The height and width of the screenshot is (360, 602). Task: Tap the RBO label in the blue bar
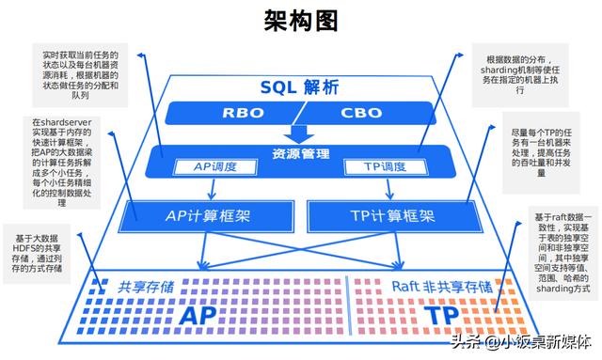[244, 114]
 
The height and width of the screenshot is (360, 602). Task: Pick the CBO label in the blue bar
[361, 114]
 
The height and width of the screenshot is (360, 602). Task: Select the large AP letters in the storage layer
[202, 313]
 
